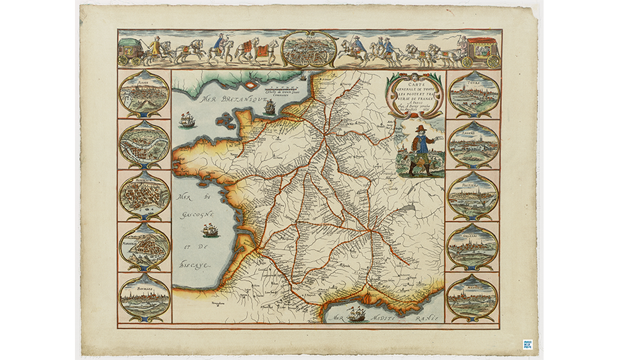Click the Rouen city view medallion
144,93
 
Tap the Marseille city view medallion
144,246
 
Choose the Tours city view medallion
473,95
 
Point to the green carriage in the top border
133,51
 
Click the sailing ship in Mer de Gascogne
210,230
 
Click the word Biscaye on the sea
197,267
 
